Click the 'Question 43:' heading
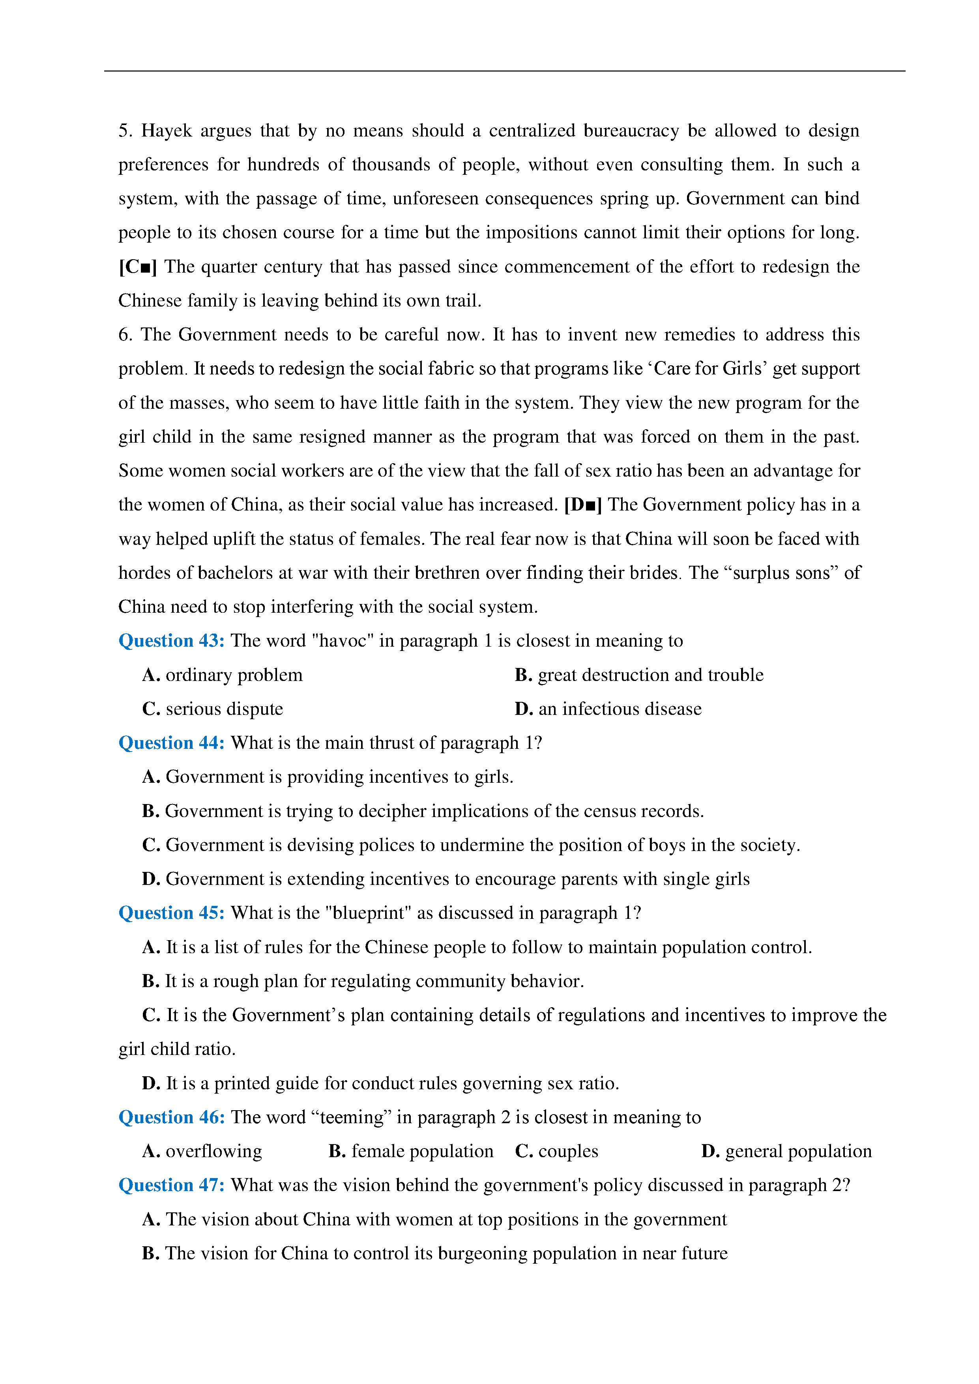(171, 641)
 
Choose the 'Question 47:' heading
(171, 1185)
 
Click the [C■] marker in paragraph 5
(138, 266)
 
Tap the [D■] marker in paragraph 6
(583, 505)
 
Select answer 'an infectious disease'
(620, 709)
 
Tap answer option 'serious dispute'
(224, 709)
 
